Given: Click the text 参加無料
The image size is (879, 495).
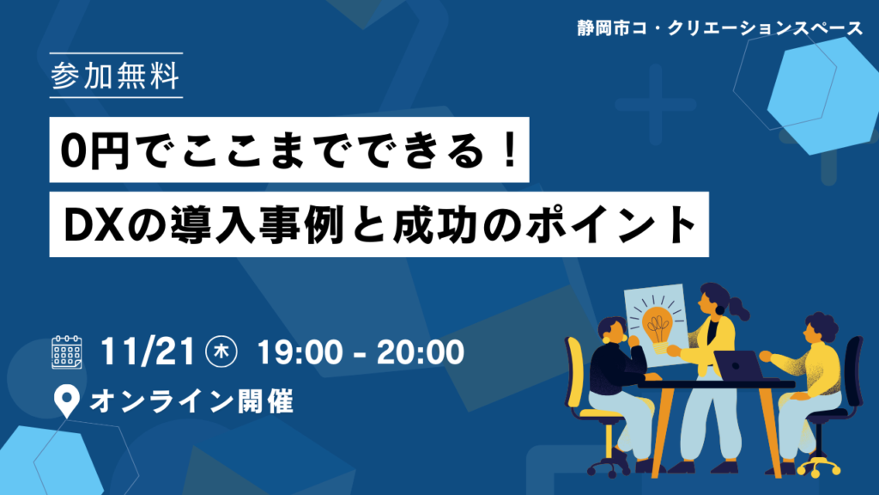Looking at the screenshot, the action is pyautogui.click(x=116, y=76).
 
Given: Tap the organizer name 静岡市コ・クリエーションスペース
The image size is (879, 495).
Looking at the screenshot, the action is pyautogui.click(x=720, y=28).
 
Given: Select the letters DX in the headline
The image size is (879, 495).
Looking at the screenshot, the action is pyautogui.click(x=94, y=225).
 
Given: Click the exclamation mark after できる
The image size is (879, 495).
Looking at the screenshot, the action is pyautogui.click(x=510, y=150).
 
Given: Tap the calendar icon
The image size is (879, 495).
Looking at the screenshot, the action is pyautogui.click(x=67, y=351).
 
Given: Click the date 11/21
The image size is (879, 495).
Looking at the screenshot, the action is pyautogui.click(x=148, y=351).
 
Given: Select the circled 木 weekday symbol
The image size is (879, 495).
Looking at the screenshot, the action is pyautogui.click(x=221, y=351).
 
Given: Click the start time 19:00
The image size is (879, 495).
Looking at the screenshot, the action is pyautogui.click(x=300, y=351).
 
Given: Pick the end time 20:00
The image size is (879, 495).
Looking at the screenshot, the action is pyautogui.click(x=421, y=351).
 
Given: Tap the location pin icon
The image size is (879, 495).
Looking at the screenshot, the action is pyautogui.click(x=67, y=400).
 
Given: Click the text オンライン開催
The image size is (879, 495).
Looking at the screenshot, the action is pyautogui.click(x=191, y=402).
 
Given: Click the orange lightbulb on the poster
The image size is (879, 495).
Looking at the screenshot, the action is pyautogui.click(x=657, y=325).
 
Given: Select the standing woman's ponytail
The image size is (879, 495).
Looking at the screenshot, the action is pyautogui.click(x=739, y=309).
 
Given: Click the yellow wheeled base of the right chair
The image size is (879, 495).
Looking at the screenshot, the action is pyautogui.click(x=818, y=465).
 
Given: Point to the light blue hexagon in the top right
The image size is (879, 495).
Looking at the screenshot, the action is pyautogui.click(x=824, y=95).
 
